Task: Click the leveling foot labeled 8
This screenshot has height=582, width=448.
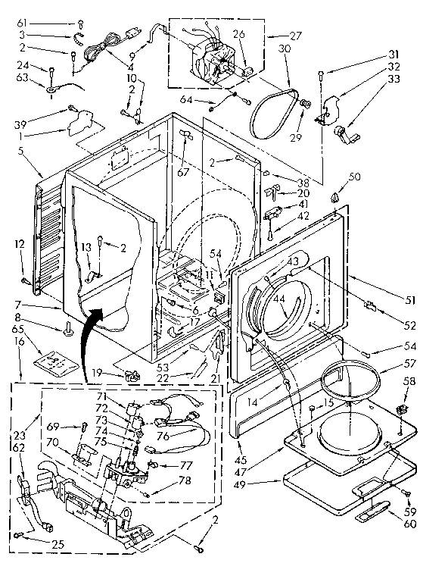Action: click(69, 327)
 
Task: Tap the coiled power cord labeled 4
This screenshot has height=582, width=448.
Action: click(96, 52)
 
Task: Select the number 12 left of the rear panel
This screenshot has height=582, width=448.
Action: click(20, 243)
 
